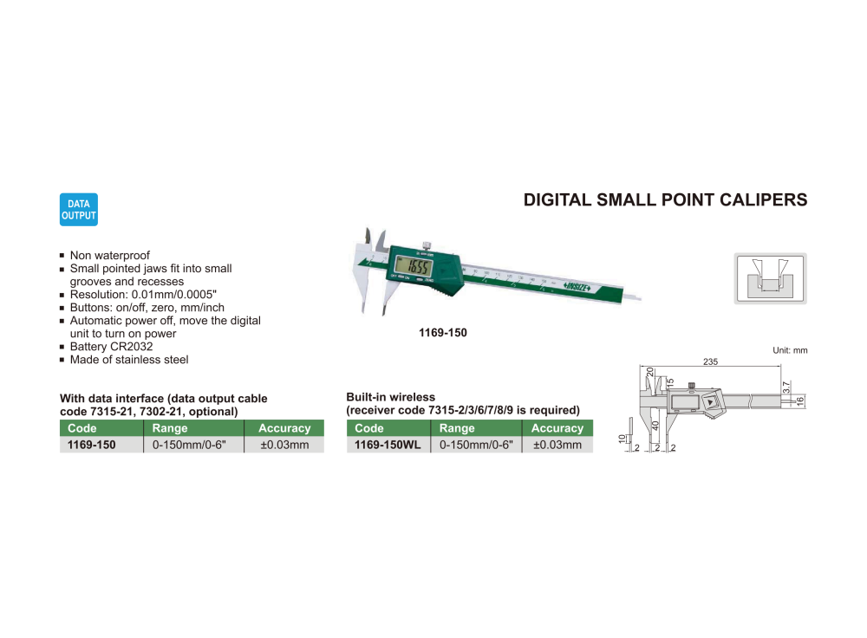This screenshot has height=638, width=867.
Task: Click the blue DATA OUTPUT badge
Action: click(x=79, y=210)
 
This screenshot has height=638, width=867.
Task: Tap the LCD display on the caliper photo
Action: click(x=414, y=265)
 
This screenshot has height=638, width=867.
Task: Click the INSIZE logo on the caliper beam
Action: click(x=577, y=287)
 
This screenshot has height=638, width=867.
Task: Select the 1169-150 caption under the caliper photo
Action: click(x=443, y=332)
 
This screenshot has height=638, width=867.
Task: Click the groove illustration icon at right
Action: click(x=770, y=277)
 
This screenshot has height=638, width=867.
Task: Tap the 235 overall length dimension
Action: click(x=710, y=361)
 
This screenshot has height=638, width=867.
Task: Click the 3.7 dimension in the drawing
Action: click(x=786, y=387)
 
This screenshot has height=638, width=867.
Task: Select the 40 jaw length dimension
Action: click(x=655, y=426)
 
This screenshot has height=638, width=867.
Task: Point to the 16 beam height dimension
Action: click(x=800, y=400)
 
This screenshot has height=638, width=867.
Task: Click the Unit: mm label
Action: click(x=790, y=350)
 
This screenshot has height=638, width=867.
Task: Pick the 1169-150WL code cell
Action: click(x=388, y=445)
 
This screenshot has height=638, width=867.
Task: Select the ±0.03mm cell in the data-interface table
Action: click(x=284, y=445)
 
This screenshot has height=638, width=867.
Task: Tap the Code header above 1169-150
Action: click(x=82, y=428)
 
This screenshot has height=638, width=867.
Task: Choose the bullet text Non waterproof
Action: click(x=109, y=256)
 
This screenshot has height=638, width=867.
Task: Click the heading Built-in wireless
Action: click(x=390, y=397)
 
